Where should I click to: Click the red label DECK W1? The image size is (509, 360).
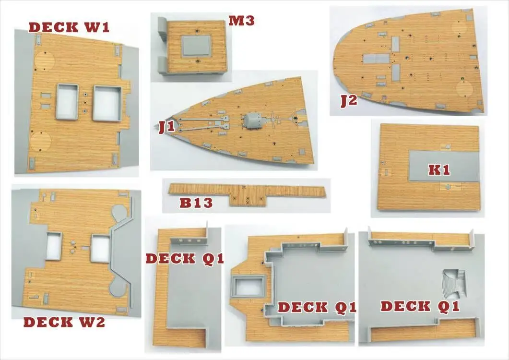(x=69, y=26)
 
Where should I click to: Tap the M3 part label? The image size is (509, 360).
(x=241, y=21)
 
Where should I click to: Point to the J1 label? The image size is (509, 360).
(x=166, y=128)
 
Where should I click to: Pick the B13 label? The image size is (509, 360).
(x=196, y=203)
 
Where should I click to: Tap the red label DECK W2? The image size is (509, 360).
(x=64, y=322)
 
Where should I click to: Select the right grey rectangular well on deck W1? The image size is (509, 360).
(x=107, y=102)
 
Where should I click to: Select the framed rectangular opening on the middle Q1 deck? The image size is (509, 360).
(x=247, y=287)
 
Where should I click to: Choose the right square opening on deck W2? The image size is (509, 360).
(x=100, y=249)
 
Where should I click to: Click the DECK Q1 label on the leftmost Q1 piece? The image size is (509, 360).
(x=185, y=258)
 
